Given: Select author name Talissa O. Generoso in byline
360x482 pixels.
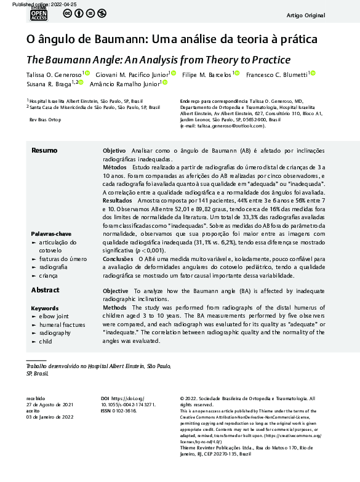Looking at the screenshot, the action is (54, 74).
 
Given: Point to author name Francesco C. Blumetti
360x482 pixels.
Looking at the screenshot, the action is (278, 74).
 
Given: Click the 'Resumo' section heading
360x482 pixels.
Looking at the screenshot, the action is (44, 151).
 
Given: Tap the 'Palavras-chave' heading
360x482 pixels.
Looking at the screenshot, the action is (52, 234).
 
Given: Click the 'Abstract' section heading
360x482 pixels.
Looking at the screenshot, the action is (45, 290).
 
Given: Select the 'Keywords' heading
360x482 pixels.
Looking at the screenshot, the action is (45, 308).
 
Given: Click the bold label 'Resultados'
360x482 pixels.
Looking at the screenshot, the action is (117, 201).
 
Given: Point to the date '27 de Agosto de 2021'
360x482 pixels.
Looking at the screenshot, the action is (50, 405).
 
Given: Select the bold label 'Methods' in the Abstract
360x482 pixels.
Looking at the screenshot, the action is (114, 308).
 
